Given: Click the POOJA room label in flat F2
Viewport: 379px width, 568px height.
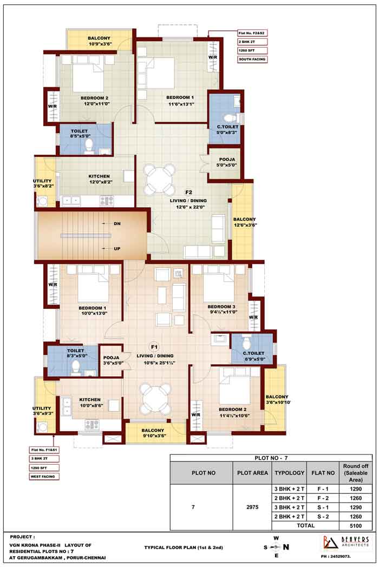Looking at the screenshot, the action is coord(227,160).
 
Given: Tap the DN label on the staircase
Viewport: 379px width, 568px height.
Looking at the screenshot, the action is coord(117,224).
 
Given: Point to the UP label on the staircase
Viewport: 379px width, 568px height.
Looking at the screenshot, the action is coord(117,248).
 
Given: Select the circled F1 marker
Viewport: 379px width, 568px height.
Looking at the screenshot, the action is coord(154,347).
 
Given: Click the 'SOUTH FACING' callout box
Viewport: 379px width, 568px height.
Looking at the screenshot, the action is coord(252,59).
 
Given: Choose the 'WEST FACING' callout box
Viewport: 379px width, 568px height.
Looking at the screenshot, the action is coord(43,477).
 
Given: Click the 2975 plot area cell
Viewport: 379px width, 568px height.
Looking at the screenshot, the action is coord(252,507).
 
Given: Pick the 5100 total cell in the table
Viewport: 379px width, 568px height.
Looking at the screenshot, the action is coord(355,526).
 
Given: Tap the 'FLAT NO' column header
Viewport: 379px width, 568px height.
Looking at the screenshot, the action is coord(323,473).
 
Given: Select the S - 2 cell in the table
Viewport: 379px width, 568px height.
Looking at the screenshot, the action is coord(323,517).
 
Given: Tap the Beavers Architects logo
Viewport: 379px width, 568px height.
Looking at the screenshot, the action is coord(346,542).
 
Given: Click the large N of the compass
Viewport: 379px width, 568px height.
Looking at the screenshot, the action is coord(286,547).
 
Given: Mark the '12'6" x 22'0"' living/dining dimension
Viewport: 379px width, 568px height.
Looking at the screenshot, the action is coord(191,207).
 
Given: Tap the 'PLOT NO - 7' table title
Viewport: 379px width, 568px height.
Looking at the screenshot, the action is coord(271,458).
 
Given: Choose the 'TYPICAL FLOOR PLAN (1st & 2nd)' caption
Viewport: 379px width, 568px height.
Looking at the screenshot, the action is coord(184,547).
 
